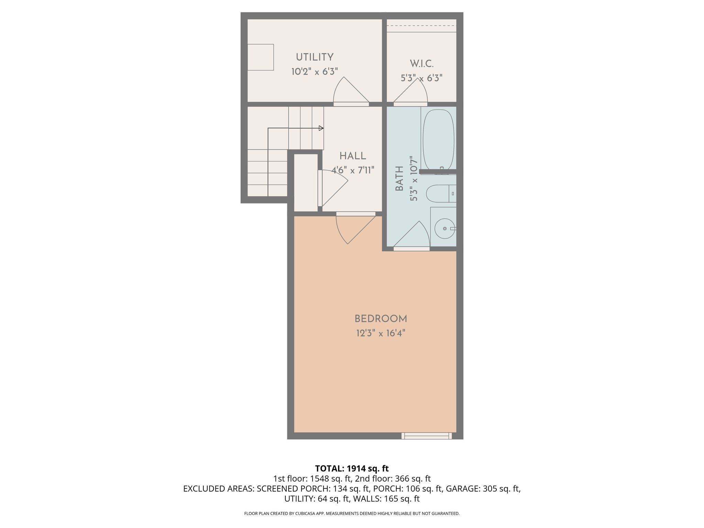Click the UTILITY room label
click(315, 57)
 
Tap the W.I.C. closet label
click(421, 64)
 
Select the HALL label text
click(353, 156)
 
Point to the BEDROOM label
click(381, 319)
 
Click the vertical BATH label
click(399, 178)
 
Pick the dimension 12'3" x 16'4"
click(381, 333)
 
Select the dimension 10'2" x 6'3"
click(315, 71)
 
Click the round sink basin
click(444, 229)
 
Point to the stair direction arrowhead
click(321, 128)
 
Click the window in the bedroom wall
click(427, 436)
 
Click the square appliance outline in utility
click(261, 57)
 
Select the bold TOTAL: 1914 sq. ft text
click(352, 469)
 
